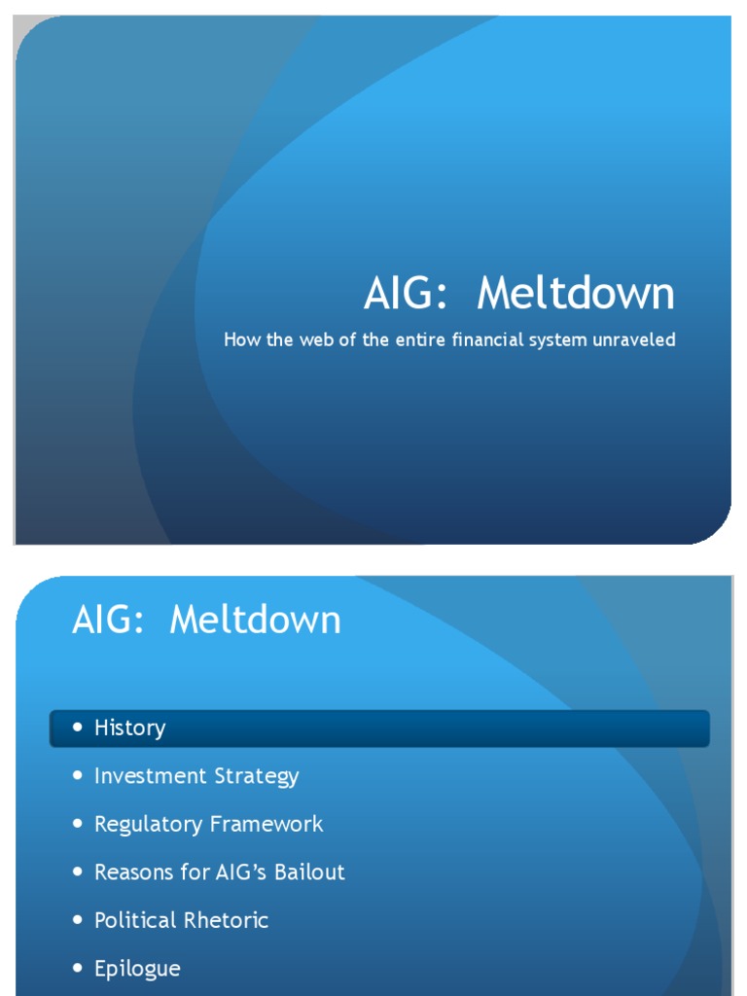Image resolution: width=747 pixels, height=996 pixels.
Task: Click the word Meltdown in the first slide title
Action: point(576,294)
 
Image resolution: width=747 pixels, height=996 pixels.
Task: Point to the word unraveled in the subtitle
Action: point(634,340)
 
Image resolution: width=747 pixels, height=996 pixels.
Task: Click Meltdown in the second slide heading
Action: point(255,620)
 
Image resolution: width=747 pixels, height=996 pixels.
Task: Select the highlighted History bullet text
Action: point(129,729)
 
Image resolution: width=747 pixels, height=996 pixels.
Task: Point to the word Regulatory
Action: point(147,825)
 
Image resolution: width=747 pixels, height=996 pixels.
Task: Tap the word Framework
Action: point(267,824)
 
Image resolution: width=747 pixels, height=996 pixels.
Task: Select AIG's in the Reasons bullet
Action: point(234,872)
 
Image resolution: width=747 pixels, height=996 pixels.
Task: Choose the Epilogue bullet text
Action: point(137,969)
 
